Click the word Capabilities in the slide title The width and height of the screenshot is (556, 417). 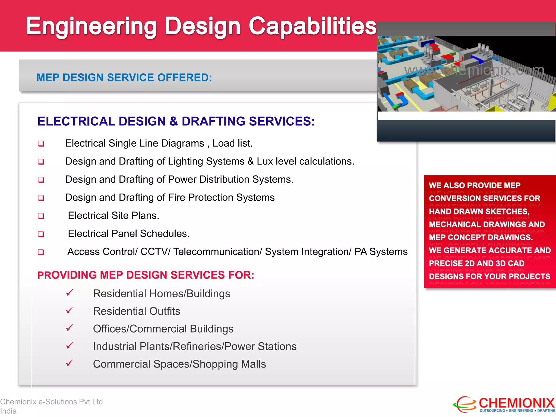(x=312, y=26)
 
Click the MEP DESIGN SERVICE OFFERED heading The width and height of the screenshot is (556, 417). (x=124, y=78)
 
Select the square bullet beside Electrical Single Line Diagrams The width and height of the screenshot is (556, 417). (x=41, y=144)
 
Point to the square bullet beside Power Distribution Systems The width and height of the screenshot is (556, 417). (x=41, y=180)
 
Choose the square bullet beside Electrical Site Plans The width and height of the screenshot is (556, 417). (x=41, y=216)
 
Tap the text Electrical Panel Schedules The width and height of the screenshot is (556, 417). (x=128, y=234)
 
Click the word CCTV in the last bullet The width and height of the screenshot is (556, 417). (x=154, y=252)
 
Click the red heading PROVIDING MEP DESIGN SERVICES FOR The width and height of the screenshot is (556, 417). (x=146, y=275)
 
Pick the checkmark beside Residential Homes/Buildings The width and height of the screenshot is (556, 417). (x=69, y=293)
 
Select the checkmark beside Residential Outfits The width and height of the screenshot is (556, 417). (x=69, y=310)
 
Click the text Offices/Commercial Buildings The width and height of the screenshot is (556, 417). (x=163, y=329)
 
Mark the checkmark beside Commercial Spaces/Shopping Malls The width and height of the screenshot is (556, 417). (x=69, y=363)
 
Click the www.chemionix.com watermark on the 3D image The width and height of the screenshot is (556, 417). (x=474, y=70)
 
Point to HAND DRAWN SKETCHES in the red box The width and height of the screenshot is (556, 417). (x=479, y=211)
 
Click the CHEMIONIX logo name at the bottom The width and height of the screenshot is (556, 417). (x=516, y=403)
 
